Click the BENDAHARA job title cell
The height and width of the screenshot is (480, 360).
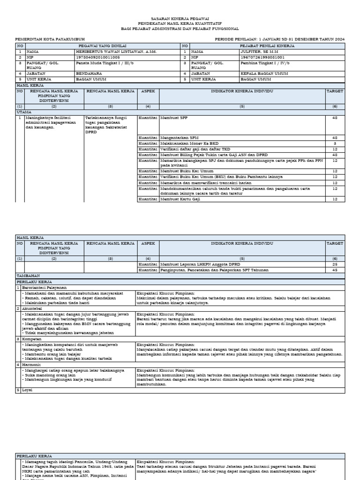[89, 74]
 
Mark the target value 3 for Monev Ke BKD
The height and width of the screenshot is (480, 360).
[335, 143]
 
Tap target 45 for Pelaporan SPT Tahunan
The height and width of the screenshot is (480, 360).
[335, 270]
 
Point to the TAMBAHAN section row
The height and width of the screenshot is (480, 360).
[29, 276]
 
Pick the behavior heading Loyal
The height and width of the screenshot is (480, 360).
[28, 390]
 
